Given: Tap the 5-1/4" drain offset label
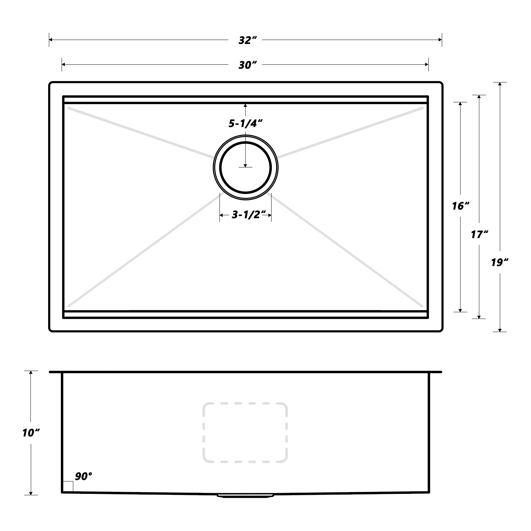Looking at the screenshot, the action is [x=245, y=123].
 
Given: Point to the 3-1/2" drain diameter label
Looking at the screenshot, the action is [x=249, y=215].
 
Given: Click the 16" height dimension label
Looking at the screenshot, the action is [x=461, y=206].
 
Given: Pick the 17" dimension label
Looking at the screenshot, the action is [x=479, y=234].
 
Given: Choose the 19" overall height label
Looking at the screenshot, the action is [x=499, y=263].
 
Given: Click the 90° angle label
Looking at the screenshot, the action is [x=83, y=476].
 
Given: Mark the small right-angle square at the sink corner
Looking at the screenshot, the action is [x=68, y=486].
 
